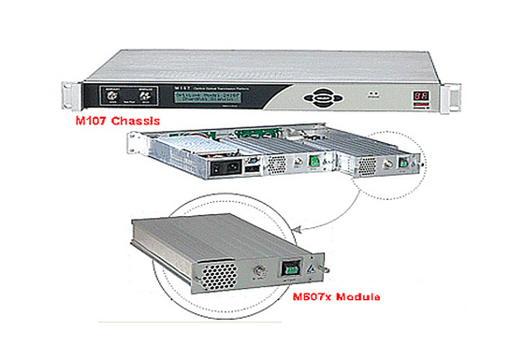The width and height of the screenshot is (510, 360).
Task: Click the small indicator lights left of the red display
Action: [x=374, y=94]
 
